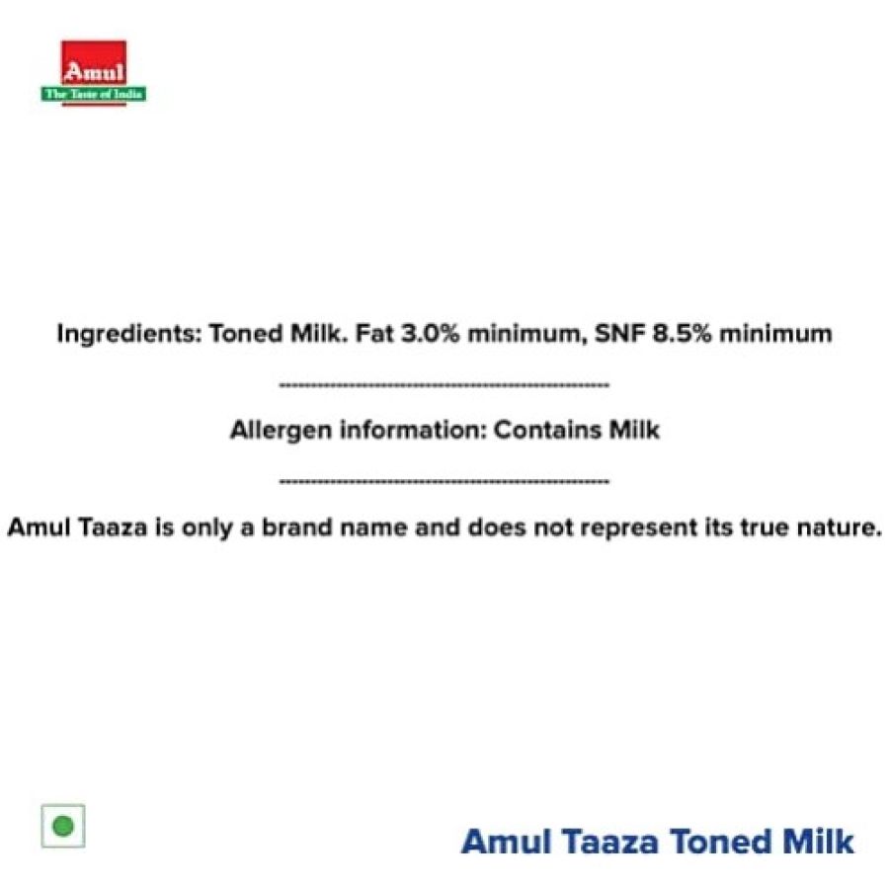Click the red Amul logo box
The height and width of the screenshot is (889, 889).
coord(94,63)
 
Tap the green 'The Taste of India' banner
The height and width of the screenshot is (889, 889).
coord(94,94)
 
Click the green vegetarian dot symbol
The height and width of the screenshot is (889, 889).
coord(63,826)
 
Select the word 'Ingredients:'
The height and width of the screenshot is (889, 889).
coord(129,334)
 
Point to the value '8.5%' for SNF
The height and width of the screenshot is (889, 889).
coord(682,334)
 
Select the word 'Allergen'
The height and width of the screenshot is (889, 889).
coord(281,431)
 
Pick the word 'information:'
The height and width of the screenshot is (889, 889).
coord(413,430)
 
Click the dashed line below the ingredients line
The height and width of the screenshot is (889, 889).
coord(444,385)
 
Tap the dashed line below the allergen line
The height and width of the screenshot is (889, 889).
coord(444,482)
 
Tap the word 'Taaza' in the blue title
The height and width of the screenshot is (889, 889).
coord(610,842)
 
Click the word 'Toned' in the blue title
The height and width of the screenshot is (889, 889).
coord(721,842)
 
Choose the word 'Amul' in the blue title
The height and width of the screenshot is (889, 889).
coord(507,842)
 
